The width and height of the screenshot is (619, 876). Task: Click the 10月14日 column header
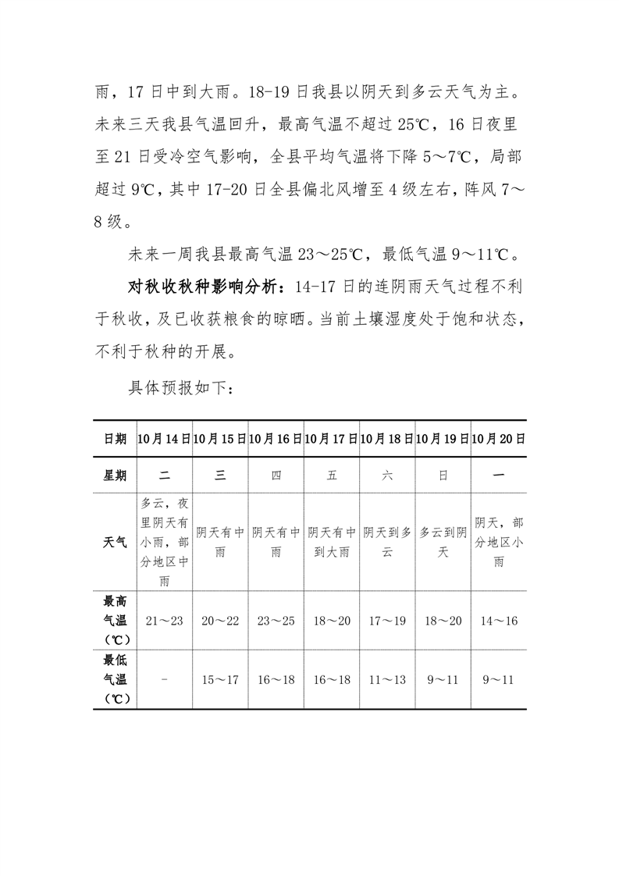164,440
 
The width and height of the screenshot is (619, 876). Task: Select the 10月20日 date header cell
498,440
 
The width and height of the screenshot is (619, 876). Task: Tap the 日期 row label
115,440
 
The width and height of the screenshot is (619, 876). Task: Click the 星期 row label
115,475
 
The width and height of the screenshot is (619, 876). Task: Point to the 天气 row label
115,542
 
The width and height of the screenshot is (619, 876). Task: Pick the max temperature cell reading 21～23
164,621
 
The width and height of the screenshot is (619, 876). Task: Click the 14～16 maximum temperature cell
498,621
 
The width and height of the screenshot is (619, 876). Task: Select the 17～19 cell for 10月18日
387,621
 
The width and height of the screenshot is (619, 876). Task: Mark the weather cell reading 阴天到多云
387,542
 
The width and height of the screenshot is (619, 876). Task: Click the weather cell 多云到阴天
443,542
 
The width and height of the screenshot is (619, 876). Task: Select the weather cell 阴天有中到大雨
332,542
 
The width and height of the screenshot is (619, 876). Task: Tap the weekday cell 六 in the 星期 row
387,475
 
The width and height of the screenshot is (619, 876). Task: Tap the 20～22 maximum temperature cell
220,621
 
